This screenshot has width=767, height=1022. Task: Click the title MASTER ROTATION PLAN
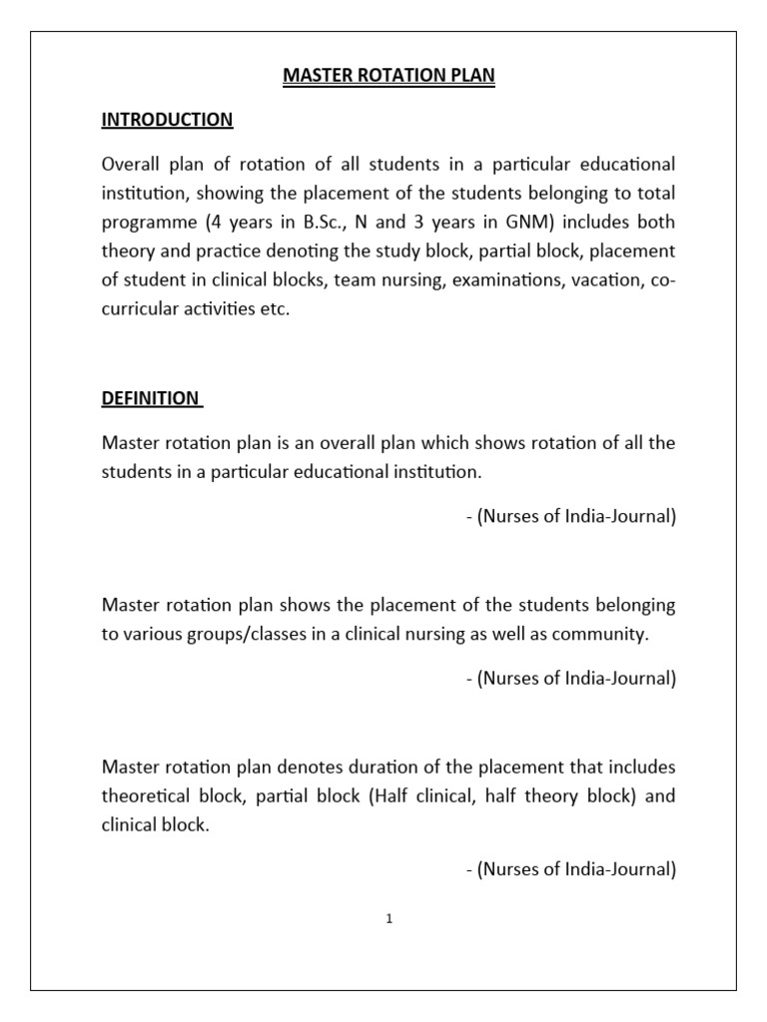coord(388,77)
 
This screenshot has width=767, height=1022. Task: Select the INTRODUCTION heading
coord(167,120)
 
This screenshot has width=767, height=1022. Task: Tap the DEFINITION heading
coord(151,398)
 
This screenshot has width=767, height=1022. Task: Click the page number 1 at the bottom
coord(389,919)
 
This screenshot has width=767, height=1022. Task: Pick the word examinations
coord(507,280)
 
